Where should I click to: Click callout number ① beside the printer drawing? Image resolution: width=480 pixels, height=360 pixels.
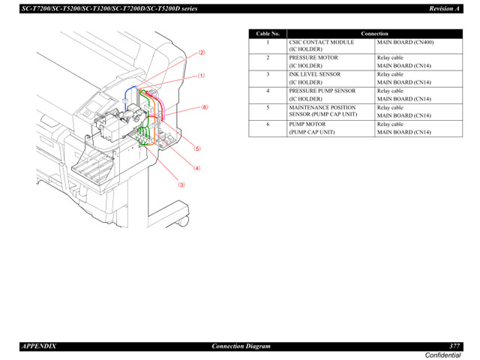201,76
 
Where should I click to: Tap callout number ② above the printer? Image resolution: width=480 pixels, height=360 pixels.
201,52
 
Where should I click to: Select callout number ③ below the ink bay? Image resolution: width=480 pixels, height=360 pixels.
181,184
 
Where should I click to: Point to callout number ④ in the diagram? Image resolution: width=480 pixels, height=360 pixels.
197,168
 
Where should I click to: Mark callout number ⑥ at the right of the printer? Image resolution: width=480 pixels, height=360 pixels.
203,107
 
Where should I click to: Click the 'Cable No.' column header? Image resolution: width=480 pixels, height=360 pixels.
267,34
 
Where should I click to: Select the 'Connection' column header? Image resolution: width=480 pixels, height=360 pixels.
374,34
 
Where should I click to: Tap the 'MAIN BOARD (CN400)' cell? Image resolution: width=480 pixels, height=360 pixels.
405,43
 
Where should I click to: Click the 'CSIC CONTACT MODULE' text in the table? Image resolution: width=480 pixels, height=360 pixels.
321,43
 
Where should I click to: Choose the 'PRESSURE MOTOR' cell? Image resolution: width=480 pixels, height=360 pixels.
313,58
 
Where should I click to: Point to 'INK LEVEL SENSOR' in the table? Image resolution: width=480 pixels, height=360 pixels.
315,74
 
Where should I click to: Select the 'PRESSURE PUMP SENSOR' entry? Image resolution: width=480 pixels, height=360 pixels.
322,91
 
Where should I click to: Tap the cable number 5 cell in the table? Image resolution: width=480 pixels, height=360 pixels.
267,107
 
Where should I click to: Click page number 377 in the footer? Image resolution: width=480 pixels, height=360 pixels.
454,346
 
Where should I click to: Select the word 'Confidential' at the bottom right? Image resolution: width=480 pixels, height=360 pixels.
443,355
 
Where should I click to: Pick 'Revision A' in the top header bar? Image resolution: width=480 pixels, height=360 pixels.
444,7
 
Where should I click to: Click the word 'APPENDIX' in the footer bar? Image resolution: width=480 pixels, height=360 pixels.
38,346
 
